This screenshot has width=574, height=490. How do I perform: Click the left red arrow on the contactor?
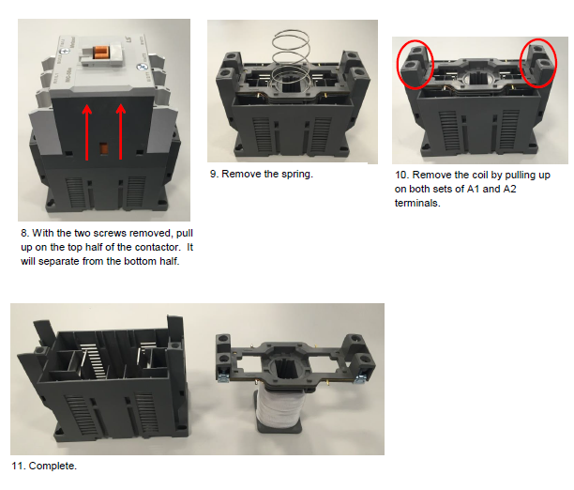[87, 132]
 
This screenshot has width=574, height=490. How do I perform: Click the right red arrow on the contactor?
[121, 131]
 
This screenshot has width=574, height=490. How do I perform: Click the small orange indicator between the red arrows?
[104, 148]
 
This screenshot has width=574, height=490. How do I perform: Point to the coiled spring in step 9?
[292, 58]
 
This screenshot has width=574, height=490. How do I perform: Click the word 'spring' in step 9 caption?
[295, 174]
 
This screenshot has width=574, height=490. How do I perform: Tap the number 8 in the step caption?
[23, 233]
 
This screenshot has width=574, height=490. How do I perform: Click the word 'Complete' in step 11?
[52, 466]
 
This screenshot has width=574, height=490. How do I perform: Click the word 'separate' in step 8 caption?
[59, 262]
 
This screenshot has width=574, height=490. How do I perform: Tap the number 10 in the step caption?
[400, 175]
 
